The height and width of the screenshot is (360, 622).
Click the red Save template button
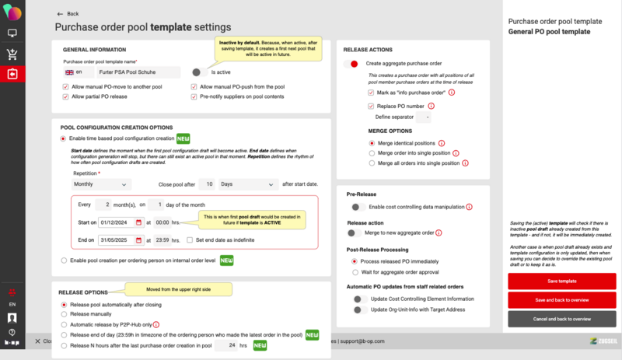(561, 280)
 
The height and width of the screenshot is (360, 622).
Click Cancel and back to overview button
(561, 319)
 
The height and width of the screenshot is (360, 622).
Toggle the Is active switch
(197, 72)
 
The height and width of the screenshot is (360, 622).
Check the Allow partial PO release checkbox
(65, 96)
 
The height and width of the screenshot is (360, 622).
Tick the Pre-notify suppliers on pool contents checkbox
(194, 96)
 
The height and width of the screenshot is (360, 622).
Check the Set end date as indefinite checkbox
(190, 239)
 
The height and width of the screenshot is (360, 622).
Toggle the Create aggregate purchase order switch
(353, 63)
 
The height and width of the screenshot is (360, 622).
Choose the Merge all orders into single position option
(372, 163)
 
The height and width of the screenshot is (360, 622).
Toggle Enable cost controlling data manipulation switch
(358, 207)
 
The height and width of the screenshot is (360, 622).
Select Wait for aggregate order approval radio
(355, 273)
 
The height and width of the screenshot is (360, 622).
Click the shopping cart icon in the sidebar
(12, 54)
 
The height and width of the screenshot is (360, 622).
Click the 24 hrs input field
(225, 344)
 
